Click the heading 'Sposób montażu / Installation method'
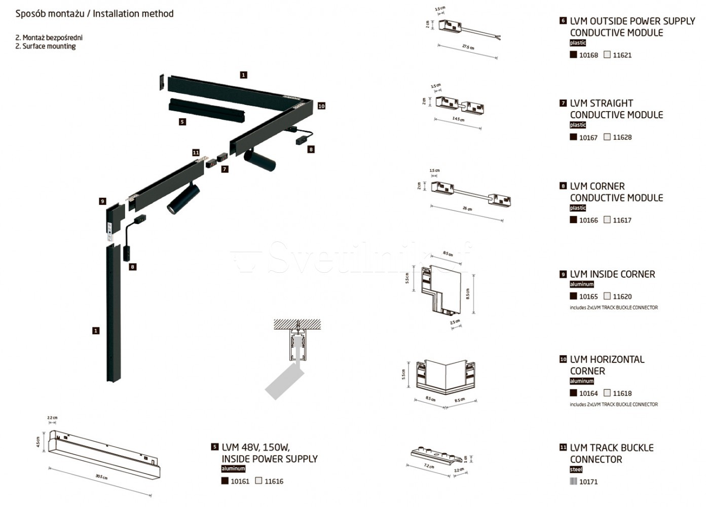[94, 14]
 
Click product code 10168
[588, 55]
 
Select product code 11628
[622, 137]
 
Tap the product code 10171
[588, 482]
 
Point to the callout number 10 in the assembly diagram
[321, 106]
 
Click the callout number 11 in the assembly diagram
[196, 153]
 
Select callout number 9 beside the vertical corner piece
[102, 201]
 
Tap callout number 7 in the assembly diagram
[225, 169]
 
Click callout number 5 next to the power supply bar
[182, 122]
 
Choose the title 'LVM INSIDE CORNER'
[612, 274]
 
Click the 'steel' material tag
[576, 469]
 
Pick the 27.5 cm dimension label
[468, 47]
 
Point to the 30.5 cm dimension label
[101, 477]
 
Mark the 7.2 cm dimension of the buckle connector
[429, 466]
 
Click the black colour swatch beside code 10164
[573, 393]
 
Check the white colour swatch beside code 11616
[259, 481]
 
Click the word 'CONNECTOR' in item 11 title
[596, 459]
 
